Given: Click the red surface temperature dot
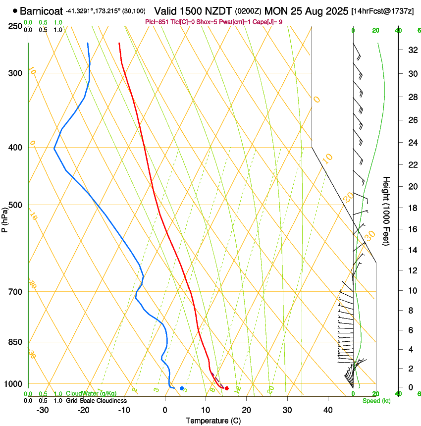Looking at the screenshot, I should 226,388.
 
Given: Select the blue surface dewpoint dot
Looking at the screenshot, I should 182,388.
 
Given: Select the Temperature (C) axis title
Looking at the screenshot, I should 214,421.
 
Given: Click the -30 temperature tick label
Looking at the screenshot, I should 43,410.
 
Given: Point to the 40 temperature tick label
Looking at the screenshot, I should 327,410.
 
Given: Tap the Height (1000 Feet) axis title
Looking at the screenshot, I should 386,211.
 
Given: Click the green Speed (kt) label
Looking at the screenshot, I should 376,401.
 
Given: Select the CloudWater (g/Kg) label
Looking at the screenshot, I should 91,394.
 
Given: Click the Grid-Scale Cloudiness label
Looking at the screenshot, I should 96,401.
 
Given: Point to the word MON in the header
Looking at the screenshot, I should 276,11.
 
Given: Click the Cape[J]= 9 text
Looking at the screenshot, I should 269,22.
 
